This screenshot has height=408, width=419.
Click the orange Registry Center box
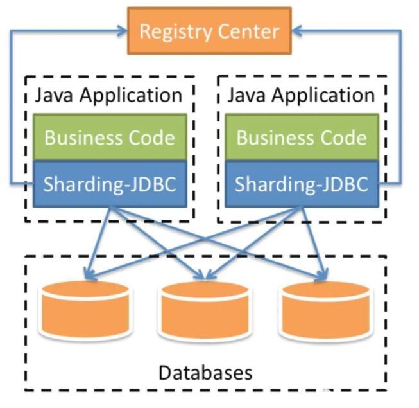[209, 30]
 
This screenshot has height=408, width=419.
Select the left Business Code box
[109, 137]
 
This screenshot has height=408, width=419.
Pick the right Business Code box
[302, 137]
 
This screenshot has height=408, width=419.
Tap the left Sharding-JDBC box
[109, 184]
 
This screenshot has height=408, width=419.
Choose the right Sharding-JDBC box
[302, 184]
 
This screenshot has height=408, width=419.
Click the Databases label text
[205, 372]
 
